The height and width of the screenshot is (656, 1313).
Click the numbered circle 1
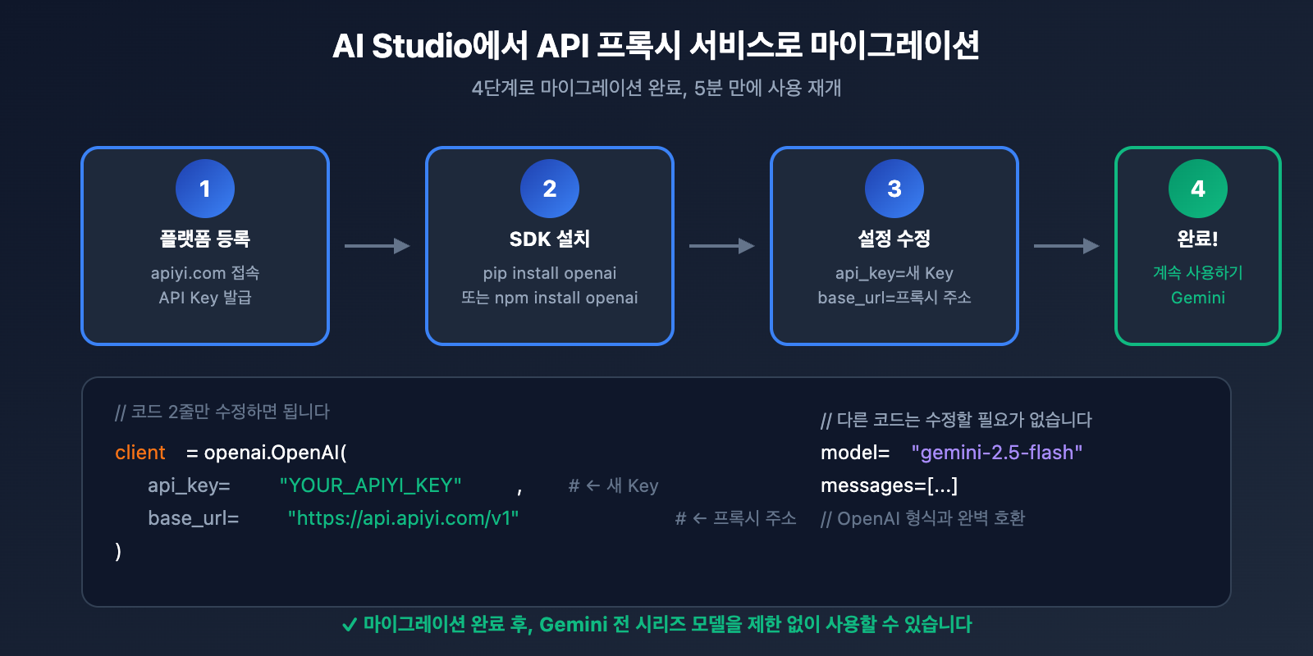click(x=205, y=189)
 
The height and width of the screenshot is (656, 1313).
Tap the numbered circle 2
click(x=550, y=189)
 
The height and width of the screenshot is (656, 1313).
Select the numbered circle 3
click(x=894, y=189)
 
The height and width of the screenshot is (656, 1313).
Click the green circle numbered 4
click(x=1197, y=189)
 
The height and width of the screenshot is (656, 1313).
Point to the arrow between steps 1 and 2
click(x=377, y=246)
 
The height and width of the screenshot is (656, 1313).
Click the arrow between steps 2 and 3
click(x=721, y=246)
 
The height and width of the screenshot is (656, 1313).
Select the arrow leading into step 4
click(x=1066, y=246)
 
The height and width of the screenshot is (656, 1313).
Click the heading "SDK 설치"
click(x=550, y=239)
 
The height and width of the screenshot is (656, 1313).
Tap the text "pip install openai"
click(x=550, y=273)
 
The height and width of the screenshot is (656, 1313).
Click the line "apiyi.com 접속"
click(x=205, y=273)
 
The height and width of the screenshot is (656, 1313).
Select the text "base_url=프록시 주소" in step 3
click(x=894, y=298)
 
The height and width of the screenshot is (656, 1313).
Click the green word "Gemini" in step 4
click(x=1197, y=298)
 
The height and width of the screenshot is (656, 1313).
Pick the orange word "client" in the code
click(x=140, y=453)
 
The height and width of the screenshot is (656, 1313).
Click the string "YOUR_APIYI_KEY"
click(x=370, y=485)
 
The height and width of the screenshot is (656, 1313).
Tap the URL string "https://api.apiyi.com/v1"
click(x=403, y=518)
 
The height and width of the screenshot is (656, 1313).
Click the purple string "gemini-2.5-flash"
click(x=997, y=453)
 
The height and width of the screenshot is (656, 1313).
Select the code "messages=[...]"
click(x=889, y=485)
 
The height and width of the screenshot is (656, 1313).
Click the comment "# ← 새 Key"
click(x=613, y=485)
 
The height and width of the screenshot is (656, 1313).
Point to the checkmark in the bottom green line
click(x=349, y=625)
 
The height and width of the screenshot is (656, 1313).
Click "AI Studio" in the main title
click(x=401, y=46)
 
